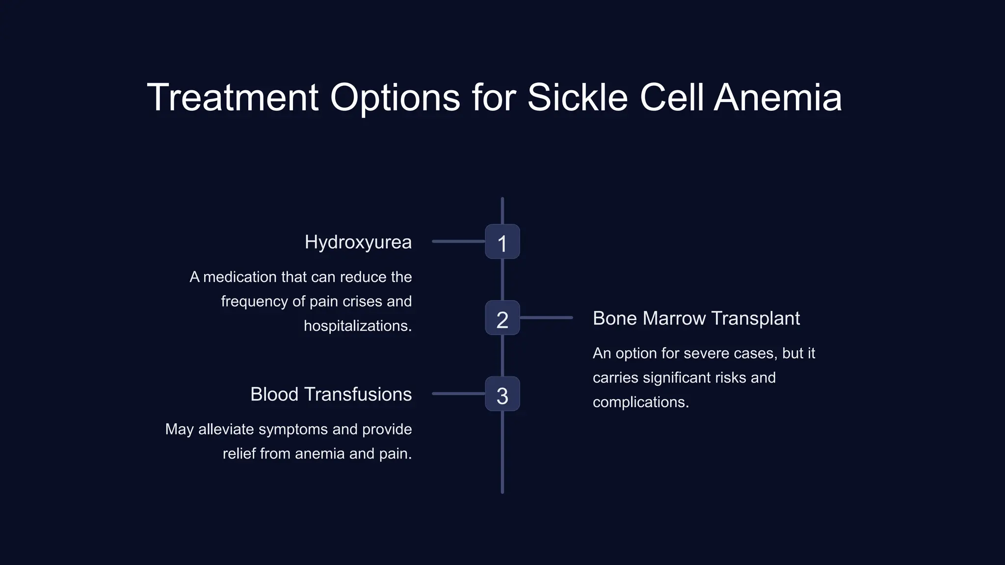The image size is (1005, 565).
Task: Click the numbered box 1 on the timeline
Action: click(502, 242)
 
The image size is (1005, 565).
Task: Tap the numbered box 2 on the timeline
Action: click(502, 318)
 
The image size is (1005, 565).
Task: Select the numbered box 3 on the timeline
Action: click(502, 394)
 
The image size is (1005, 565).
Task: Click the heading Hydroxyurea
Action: click(358, 242)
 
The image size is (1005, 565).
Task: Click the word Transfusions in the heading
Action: click(358, 394)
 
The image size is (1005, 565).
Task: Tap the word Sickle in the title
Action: click(577, 97)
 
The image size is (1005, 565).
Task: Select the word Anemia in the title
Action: click(778, 97)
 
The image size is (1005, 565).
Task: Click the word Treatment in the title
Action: click(233, 97)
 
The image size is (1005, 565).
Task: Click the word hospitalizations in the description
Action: click(357, 326)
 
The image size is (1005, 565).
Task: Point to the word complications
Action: click(640, 402)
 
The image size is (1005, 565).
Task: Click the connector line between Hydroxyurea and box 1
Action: click(458, 241)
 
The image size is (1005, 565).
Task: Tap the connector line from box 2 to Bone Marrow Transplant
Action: click(546, 318)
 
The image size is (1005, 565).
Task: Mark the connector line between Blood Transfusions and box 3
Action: click(458, 394)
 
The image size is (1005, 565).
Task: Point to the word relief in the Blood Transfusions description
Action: click(239, 454)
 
